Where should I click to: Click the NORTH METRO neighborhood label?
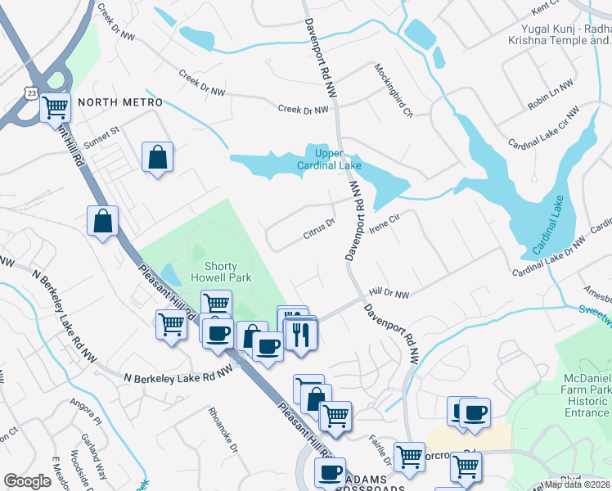(x=120, y=102)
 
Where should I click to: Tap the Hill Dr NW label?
(x=389, y=293)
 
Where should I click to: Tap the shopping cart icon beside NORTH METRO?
(x=55, y=107)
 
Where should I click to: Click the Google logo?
(x=28, y=481)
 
